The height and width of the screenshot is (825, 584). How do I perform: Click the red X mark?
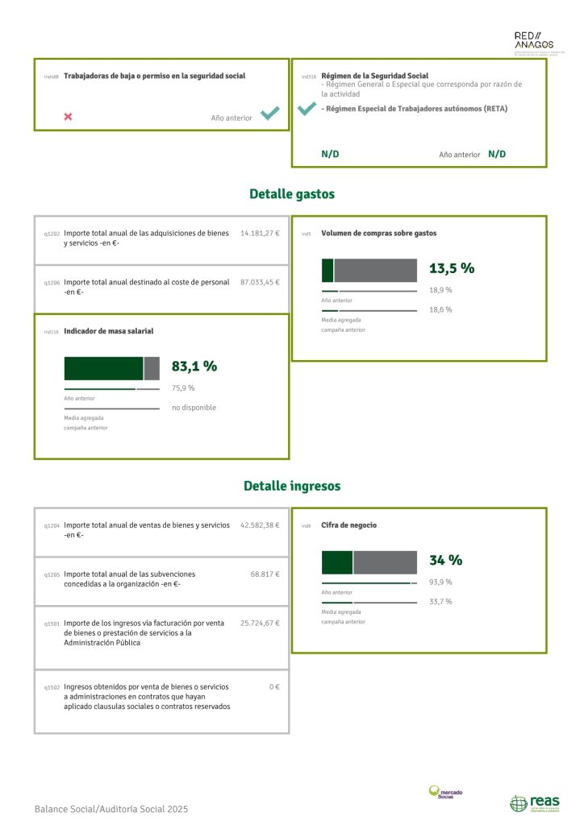pos(68,117)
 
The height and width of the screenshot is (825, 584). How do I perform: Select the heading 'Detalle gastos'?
pos(291,194)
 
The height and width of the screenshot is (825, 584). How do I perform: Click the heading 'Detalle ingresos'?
pos(291,486)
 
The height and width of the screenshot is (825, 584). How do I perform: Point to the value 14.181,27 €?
pos(260,234)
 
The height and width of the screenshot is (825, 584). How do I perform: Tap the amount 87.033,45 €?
pos(260,283)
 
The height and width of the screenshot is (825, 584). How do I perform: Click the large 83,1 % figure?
pos(194,366)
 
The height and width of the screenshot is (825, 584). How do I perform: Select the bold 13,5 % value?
pos(451,268)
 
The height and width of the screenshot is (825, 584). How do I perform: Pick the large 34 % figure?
pos(445,560)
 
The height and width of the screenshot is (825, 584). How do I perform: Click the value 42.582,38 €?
pos(260,525)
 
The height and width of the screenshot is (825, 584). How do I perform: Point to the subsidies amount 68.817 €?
pos(265,574)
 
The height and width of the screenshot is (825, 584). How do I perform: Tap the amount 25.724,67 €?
pos(260,624)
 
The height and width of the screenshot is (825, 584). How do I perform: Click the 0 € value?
pos(274,687)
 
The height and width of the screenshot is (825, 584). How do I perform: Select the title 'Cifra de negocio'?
pos(348,525)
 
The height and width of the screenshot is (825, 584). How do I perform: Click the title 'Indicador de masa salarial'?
pos(108,331)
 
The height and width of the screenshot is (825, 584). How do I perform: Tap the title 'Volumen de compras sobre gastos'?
pos(378,234)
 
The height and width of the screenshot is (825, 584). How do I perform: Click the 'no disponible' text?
pos(194,408)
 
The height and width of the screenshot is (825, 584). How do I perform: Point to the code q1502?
pos(51,688)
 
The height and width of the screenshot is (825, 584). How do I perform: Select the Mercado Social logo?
pos(445,793)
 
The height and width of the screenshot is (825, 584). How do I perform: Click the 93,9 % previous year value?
pos(440,582)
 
